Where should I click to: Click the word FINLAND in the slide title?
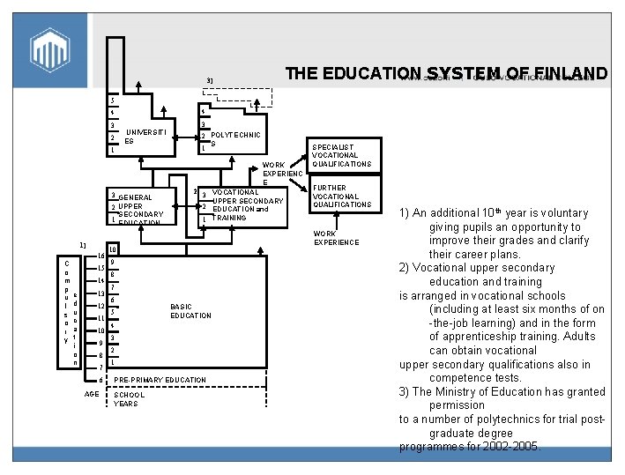(571, 73)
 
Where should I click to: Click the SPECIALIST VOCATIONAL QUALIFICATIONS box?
(341, 155)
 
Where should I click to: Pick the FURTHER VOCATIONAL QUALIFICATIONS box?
(341, 196)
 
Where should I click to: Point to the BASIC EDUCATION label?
(190, 311)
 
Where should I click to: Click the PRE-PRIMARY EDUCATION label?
(160, 380)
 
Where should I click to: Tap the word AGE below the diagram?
(91, 395)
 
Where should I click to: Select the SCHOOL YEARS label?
(130, 399)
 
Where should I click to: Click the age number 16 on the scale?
(100, 255)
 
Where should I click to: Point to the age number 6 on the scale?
(101, 380)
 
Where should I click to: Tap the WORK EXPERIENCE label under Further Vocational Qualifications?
(336, 238)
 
